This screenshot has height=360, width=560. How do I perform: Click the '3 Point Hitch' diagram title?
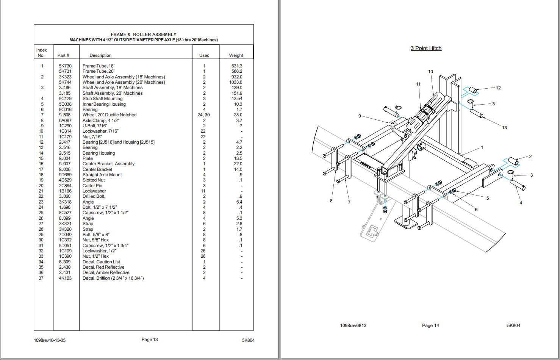tap(426, 48)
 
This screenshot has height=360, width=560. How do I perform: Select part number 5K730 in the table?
tap(65, 66)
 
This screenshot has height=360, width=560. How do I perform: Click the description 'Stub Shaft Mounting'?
tap(102, 99)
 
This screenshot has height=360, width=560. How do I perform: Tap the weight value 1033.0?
tap(235, 82)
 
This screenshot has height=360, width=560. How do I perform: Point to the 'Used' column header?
tap(204, 55)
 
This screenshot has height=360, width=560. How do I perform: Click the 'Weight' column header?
tap(236, 55)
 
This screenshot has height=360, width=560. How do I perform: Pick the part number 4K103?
tap(65, 278)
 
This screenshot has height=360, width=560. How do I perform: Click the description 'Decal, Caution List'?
tap(101, 262)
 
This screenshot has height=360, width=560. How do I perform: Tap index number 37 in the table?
tap(41, 278)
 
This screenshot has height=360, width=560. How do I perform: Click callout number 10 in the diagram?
tap(430, 72)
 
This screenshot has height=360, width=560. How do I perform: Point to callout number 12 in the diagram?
tap(498, 88)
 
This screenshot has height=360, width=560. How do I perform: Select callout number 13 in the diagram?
tap(504, 128)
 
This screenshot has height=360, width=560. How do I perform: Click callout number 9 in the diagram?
tap(360, 116)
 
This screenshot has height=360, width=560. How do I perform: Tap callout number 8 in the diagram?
tap(331, 201)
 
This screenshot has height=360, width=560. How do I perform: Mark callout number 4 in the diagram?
tap(521, 203)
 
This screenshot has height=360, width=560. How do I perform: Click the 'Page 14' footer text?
tap(430, 326)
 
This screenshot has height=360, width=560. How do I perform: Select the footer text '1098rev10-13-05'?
tap(50, 340)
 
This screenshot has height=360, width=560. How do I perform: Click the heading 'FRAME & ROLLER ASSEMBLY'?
tap(143, 34)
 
